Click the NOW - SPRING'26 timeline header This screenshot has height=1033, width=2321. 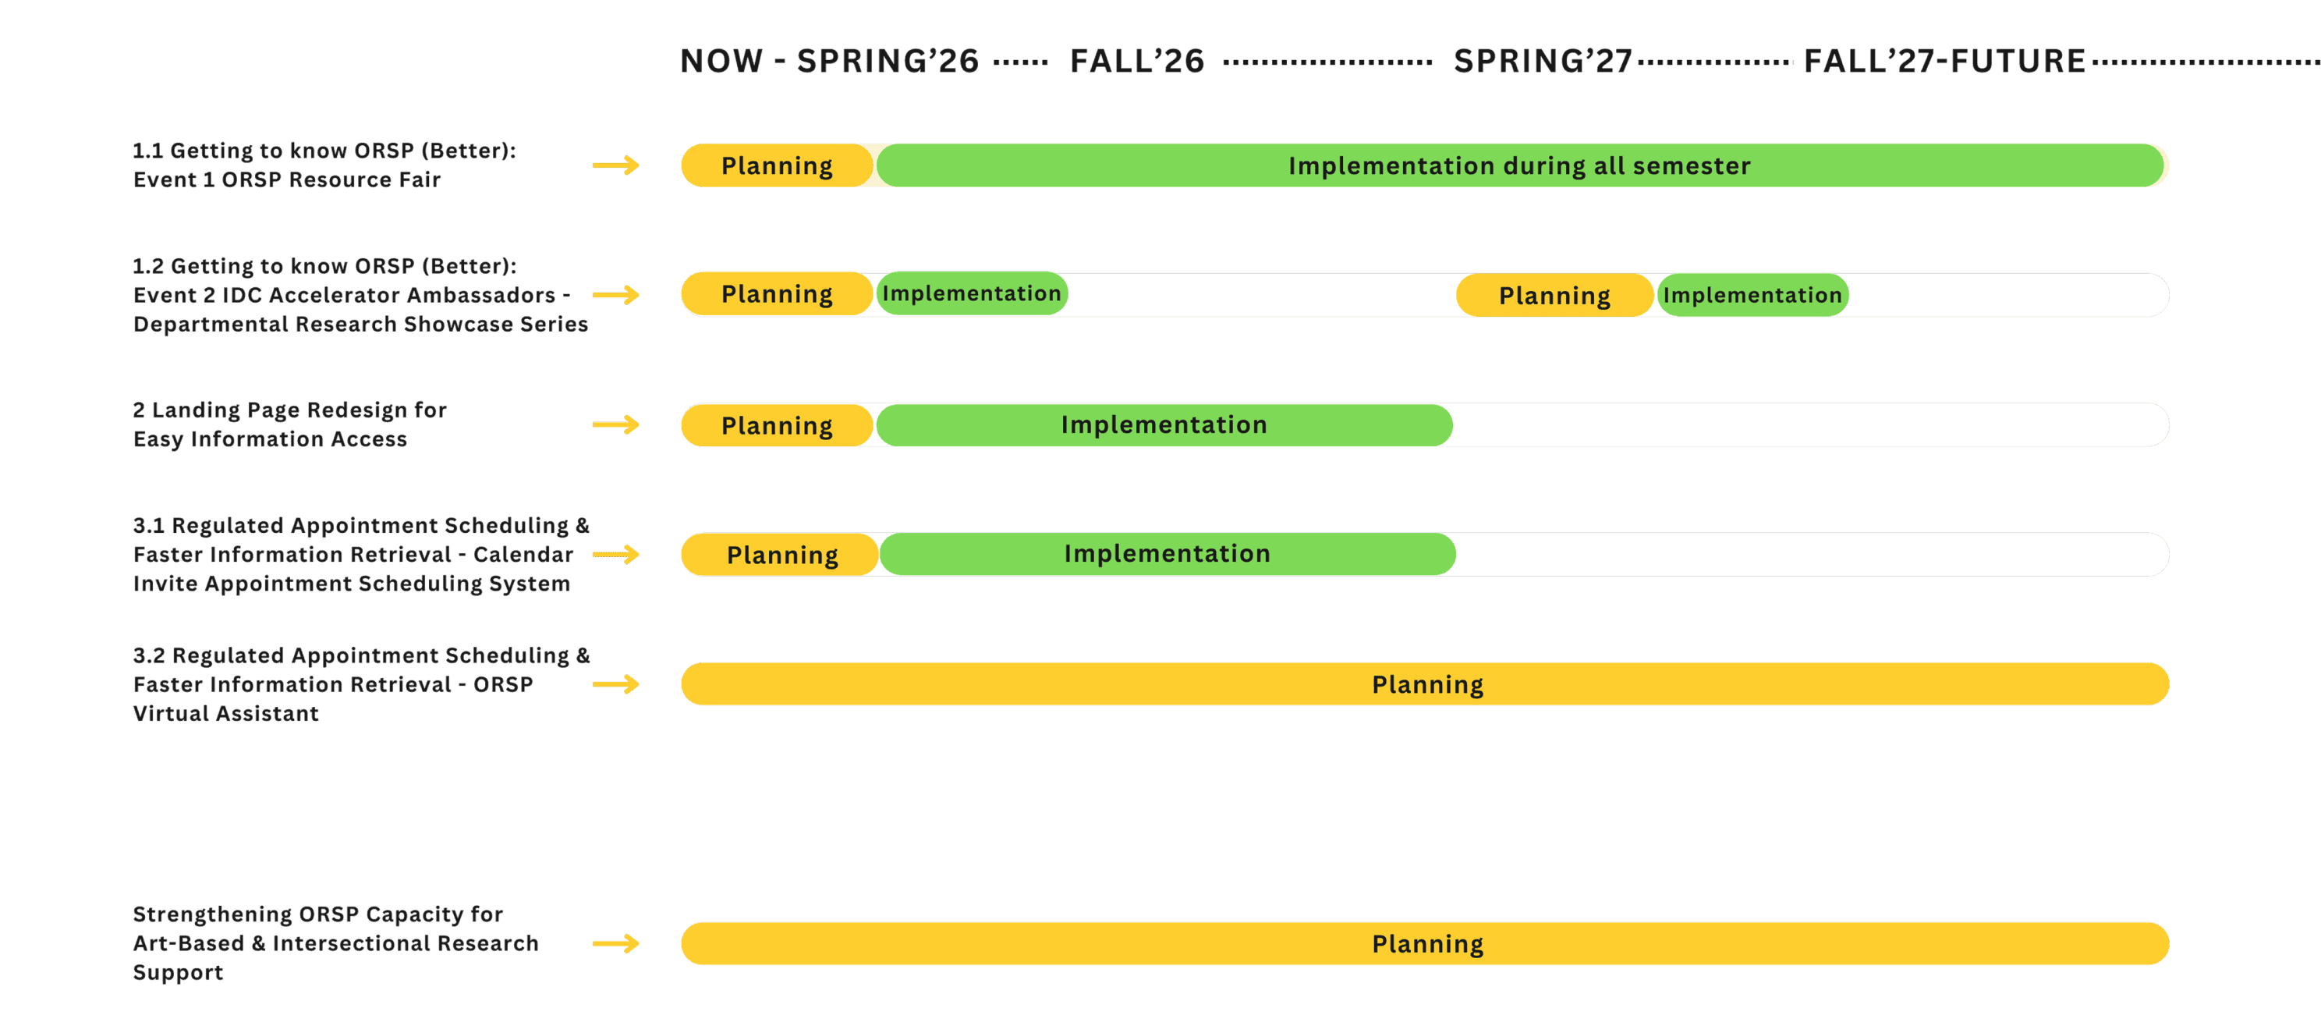[828, 62]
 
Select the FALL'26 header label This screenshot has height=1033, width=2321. [1136, 62]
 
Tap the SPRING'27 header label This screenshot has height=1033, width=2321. [1542, 62]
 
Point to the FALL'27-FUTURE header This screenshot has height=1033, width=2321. [1944, 62]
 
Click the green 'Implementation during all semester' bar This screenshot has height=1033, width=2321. [1519, 166]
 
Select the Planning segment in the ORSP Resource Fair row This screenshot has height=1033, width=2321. [777, 166]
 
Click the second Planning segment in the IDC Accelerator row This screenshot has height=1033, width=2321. [1554, 296]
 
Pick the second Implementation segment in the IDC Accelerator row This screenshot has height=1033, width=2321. [1752, 296]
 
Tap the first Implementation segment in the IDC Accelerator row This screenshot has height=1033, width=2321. [971, 294]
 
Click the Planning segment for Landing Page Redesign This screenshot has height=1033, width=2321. [777, 425]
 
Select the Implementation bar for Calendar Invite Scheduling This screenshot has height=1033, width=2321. [1167, 553]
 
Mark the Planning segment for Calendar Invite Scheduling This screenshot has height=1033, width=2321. [781, 555]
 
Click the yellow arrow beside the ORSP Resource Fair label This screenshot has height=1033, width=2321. [616, 166]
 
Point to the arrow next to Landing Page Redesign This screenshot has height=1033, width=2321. [616, 424]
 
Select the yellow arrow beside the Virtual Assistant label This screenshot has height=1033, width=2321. [616, 684]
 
